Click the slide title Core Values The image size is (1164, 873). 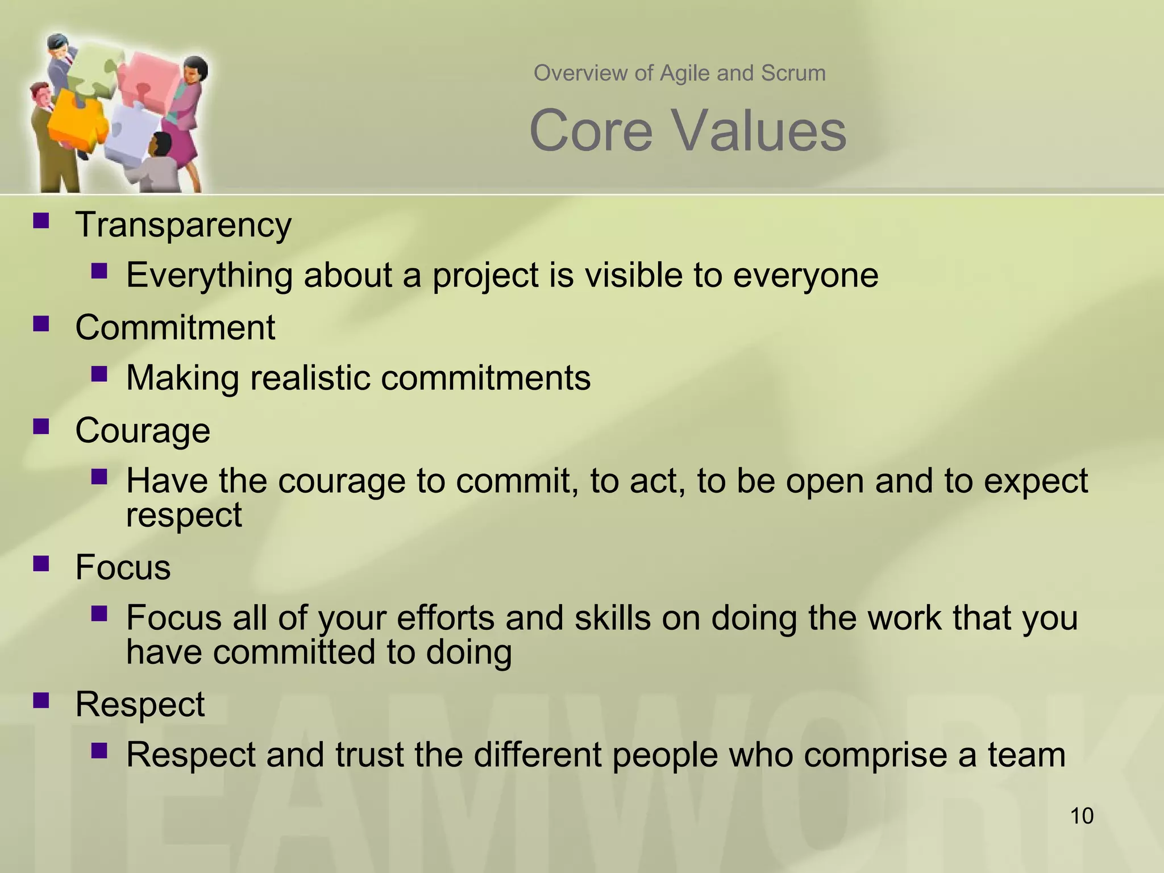688,131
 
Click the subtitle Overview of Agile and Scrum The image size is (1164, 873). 679,73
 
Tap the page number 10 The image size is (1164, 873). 1082,816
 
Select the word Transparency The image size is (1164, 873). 183,225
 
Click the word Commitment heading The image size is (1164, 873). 175,328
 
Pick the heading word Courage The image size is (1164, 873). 143,430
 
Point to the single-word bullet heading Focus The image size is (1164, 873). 123,567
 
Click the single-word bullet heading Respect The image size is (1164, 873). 140,704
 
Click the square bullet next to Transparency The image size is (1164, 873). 41,221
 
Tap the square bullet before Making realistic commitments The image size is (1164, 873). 99,374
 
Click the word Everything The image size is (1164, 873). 209,276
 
